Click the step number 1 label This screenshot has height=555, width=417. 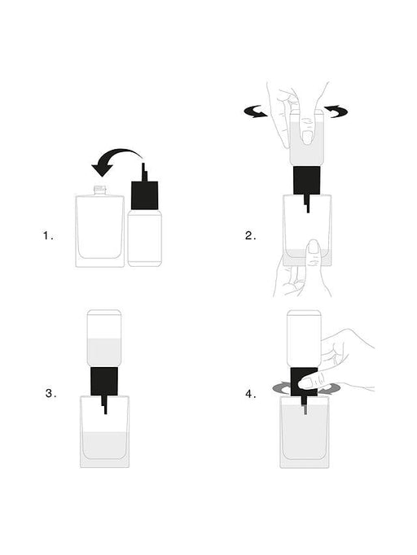coord(48,236)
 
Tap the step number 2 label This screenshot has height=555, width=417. coord(250,236)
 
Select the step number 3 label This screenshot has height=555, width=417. coord(50,393)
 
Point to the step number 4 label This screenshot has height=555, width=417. coord(250,394)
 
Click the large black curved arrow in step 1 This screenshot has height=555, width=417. coord(115,160)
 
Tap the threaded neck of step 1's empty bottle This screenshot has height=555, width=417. coord(101,190)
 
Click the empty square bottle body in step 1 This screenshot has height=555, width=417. coord(101,231)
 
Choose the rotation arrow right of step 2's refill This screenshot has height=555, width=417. coord(335,112)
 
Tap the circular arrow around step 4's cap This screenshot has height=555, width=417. coord(284,389)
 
